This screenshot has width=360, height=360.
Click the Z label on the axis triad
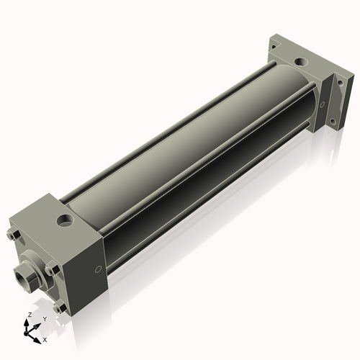[x=30, y=315]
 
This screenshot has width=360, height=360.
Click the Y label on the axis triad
[x=45, y=319]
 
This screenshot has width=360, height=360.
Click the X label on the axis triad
[x=45, y=340]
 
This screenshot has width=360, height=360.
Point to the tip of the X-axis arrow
[x=41, y=343]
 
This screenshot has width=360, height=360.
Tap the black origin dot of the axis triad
[x=26, y=333]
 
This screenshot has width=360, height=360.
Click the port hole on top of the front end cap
[x=65, y=221]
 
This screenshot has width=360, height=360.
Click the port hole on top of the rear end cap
[x=300, y=63]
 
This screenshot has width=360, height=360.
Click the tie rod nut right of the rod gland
[x=53, y=269]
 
